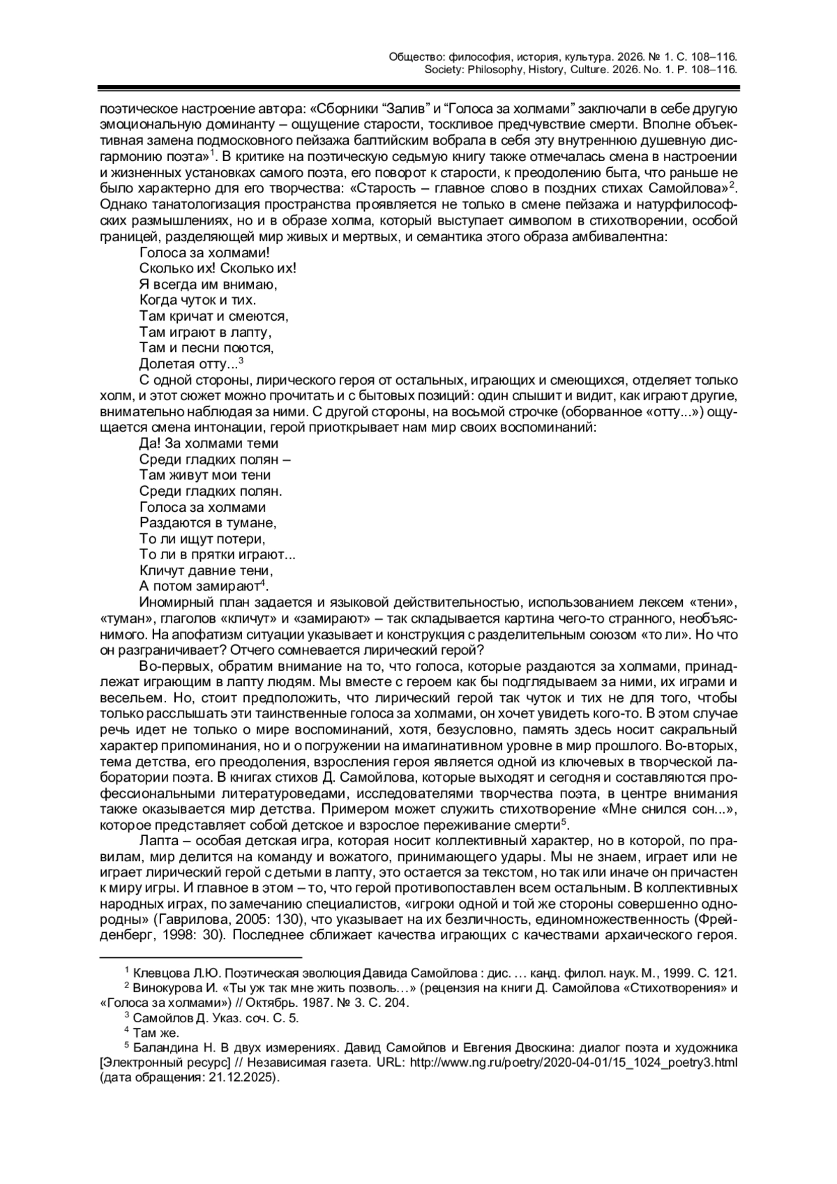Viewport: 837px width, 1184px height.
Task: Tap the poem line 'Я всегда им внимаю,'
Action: pos(199,284)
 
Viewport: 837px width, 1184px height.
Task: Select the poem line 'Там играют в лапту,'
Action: pos(204,332)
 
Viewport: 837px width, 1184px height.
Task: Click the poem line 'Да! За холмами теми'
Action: pos(209,443)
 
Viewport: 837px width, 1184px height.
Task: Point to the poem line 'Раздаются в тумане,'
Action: pos(208,523)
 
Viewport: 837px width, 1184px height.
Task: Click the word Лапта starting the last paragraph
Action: pos(158,841)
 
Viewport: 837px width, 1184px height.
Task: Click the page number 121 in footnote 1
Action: pos(727,973)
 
